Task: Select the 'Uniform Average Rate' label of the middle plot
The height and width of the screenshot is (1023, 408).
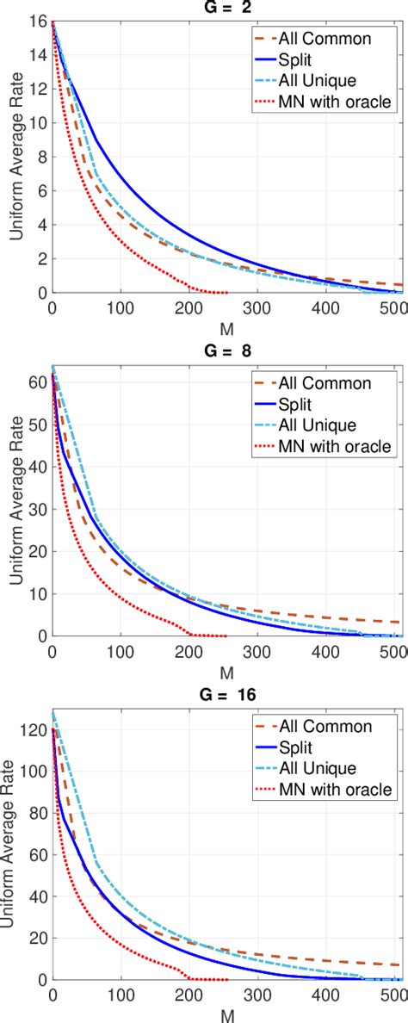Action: [x=15, y=502]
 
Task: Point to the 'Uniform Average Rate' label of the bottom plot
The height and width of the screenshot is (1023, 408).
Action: [x=15, y=846]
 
